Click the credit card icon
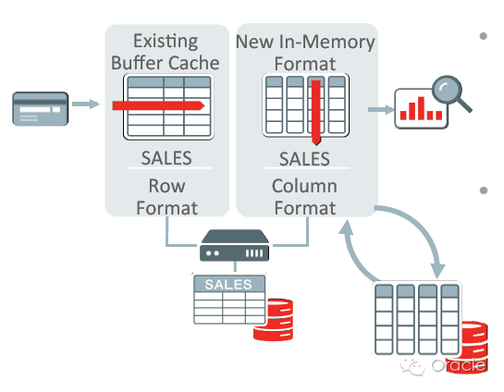pos(40,108)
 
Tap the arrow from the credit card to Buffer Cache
pos(86,104)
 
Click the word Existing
pos(166,41)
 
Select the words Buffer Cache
pos(166,63)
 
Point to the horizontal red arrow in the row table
pos(158,105)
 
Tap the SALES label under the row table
pos(166,158)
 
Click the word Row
pos(166,186)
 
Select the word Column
pos(305,186)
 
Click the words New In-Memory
pos(305,42)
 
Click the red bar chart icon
pos(421,108)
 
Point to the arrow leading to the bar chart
pos(381,110)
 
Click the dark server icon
pos(234,245)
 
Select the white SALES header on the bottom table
pos(228,285)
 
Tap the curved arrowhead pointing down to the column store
pos(437,271)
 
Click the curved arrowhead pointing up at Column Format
pos(347,227)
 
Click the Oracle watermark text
pos(459,366)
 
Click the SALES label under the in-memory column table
pos(304,159)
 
